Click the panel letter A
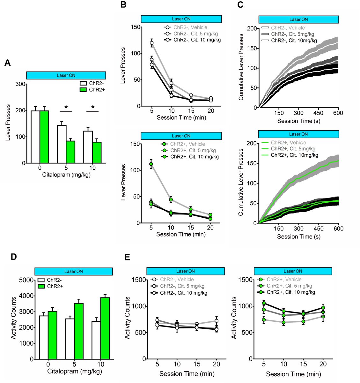pos(7,63)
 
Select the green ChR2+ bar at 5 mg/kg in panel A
pos(70,152)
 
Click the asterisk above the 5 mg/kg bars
pos(66,108)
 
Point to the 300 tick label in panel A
pos(21,84)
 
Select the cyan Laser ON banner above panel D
pos(73,271)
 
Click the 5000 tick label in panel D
pos(27,280)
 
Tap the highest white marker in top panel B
pos(152,43)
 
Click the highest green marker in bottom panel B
pos(151,164)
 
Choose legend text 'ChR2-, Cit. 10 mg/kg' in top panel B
pos(197,40)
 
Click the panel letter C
pos(241,4)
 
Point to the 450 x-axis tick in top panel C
pos(318,113)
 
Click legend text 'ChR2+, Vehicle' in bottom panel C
pos(288,143)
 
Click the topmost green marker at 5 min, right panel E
pos(264,303)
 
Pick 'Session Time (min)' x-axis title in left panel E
pos(187,374)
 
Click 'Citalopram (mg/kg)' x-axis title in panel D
pos(75,371)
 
